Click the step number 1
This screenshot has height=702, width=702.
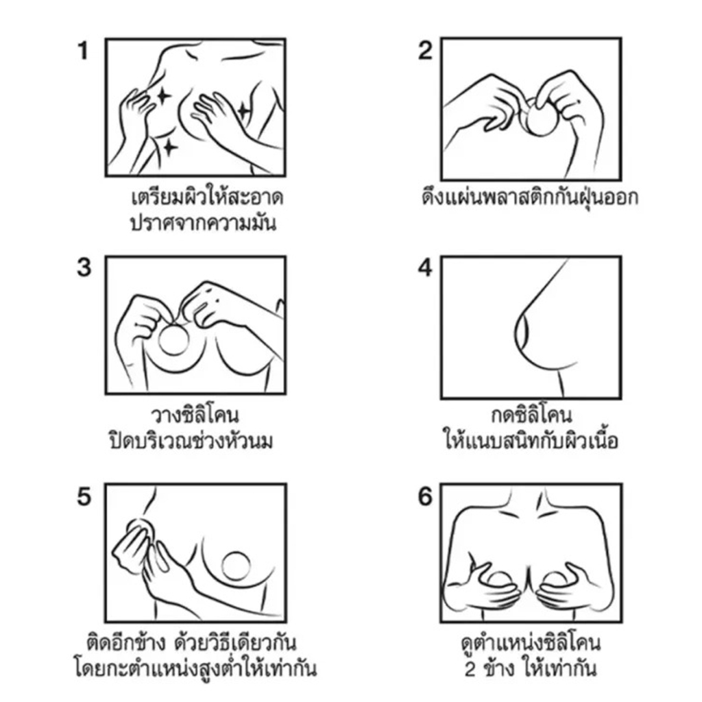point(83,51)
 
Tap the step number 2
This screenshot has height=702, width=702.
point(425,51)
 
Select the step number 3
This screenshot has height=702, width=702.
point(84,268)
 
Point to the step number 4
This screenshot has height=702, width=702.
point(425,268)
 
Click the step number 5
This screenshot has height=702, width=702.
point(84,496)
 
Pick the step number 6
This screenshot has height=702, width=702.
point(425,496)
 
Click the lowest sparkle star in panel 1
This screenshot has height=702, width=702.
point(169,147)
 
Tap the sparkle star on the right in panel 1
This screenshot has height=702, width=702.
point(243,112)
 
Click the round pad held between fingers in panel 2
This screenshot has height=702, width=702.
point(540,117)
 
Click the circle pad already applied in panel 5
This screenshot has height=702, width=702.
point(236,566)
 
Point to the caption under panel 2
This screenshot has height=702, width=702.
point(530,197)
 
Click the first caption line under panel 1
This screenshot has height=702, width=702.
point(207,197)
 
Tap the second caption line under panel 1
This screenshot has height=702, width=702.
point(202,223)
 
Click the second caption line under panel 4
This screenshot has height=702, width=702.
point(531,441)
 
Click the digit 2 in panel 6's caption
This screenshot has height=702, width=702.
point(470,669)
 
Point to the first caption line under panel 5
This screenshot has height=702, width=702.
point(191,643)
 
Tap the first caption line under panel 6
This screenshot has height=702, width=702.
point(531,644)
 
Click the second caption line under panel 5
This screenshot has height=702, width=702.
point(195,669)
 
